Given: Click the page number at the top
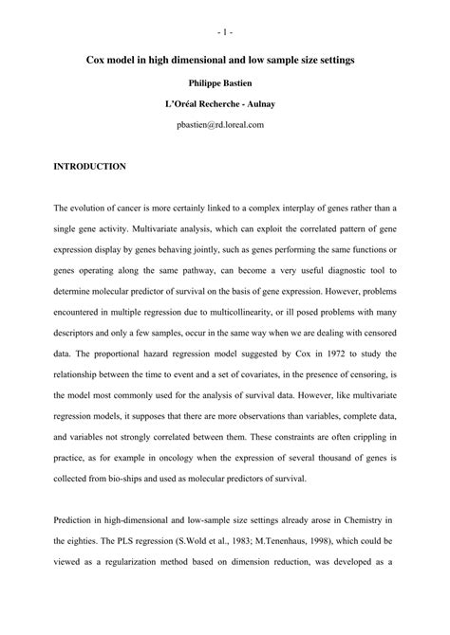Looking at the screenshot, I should [x=225, y=34].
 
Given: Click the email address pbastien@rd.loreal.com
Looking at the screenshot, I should [x=225, y=124].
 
